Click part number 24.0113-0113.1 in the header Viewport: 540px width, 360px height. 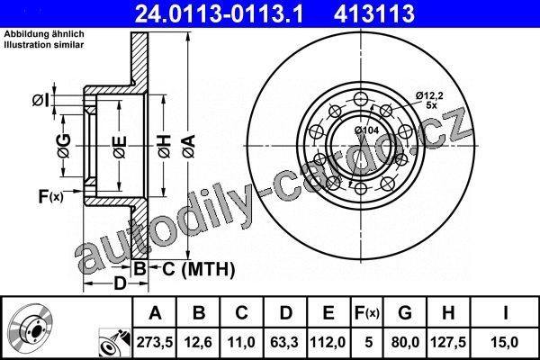220,13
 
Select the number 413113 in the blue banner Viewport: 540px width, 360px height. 374,13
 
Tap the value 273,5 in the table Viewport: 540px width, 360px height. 155,342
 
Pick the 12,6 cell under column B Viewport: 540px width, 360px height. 198,342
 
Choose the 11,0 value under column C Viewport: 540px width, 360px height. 241,342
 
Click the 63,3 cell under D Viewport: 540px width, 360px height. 284,342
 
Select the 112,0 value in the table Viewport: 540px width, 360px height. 328,342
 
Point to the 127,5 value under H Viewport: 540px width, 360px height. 448,342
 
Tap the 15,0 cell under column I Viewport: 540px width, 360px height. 505,342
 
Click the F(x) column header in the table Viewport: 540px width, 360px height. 367,313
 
